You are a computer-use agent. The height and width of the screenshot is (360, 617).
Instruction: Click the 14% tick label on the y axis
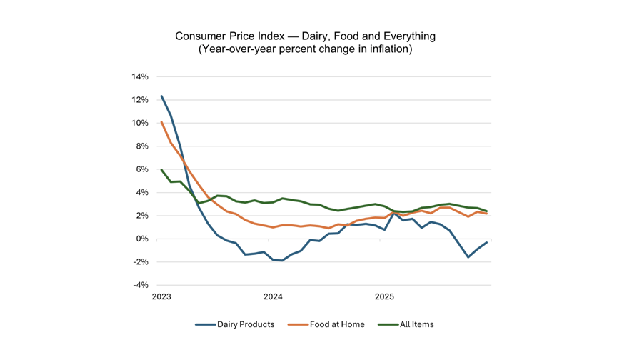(140, 76)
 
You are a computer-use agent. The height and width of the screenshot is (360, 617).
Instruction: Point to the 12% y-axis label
(140, 100)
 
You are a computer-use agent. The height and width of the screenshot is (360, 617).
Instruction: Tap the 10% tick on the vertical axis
(140, 123)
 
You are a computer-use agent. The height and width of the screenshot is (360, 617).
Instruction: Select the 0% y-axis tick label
(142, 239)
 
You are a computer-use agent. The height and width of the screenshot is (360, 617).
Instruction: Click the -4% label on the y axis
(140, 285)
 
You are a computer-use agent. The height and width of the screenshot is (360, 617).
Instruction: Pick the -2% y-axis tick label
(140, 262)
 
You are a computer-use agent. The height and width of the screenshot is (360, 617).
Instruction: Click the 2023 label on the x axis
(161, 296)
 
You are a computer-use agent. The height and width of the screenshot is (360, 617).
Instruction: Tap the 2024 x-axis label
(273, 296)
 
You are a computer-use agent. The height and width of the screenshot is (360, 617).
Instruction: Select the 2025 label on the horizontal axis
(384, 296)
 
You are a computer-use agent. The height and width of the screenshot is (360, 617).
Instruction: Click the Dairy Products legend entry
(235, 324)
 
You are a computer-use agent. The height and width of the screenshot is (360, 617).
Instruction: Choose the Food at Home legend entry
(326, 324)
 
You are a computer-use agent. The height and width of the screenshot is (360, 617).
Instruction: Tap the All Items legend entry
(406, 324)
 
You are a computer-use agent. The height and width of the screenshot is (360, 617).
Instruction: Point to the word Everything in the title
(410, 36)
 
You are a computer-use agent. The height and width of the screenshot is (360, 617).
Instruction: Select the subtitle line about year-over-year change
(306, 49)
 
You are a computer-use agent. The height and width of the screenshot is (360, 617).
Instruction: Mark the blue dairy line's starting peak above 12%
(161, 96)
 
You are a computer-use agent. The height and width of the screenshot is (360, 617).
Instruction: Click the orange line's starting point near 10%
(161, 122)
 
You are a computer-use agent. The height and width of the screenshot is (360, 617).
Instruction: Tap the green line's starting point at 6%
(161, 169)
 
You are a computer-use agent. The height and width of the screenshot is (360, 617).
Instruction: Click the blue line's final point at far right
(487, 242)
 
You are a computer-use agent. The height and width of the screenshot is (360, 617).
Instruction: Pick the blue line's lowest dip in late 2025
(468, 257)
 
